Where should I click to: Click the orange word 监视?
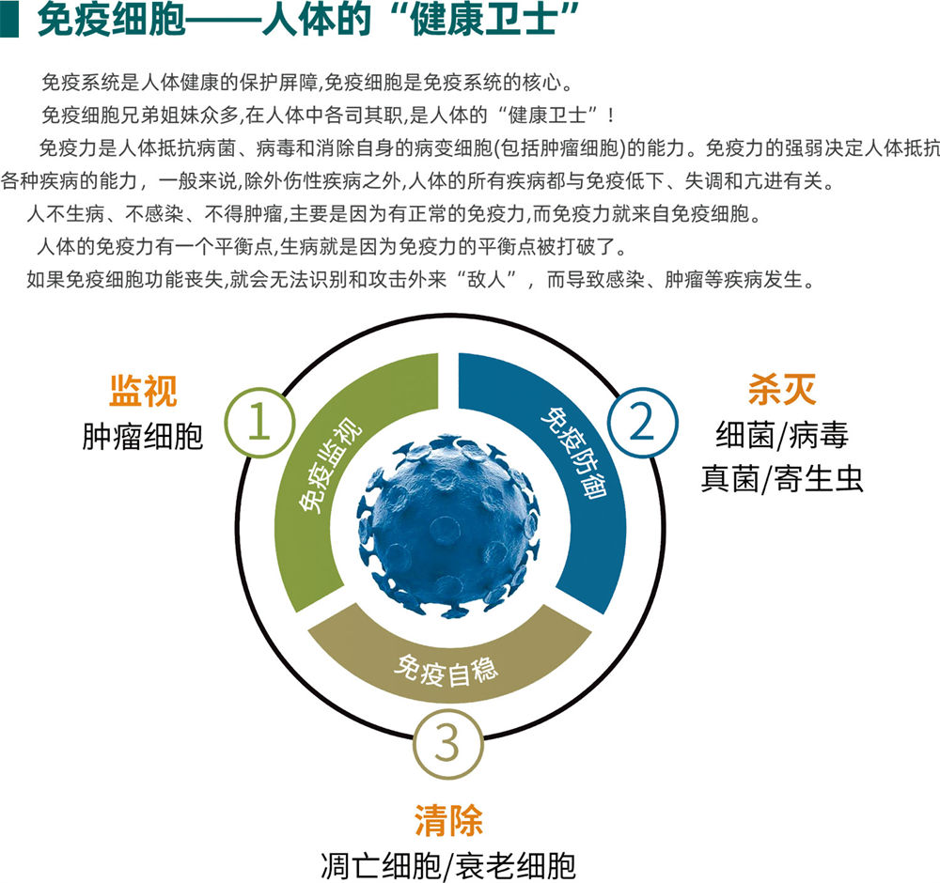click(143, 392)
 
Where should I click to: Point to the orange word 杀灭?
click(781, 390)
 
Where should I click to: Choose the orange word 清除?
click(448, 820)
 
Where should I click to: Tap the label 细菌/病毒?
click(781, 435)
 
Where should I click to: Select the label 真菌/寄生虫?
click(781, 479)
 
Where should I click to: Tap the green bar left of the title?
click(9, 21)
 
